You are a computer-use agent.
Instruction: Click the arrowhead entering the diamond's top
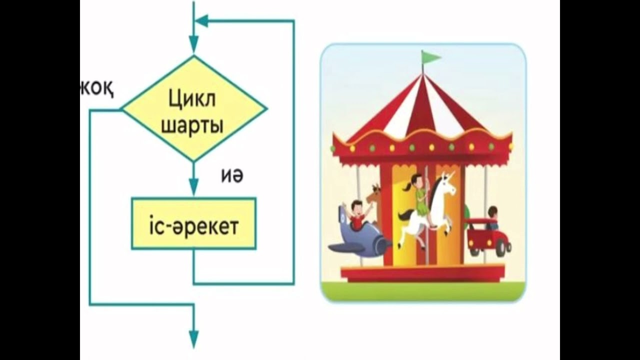coord(193,45)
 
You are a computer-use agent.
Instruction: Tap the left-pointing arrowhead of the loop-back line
coord(201,21)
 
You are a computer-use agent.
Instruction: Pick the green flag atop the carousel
coord(430,57)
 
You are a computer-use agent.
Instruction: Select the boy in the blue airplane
coord(356,214)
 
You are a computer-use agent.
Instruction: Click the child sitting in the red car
coord(493,217)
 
